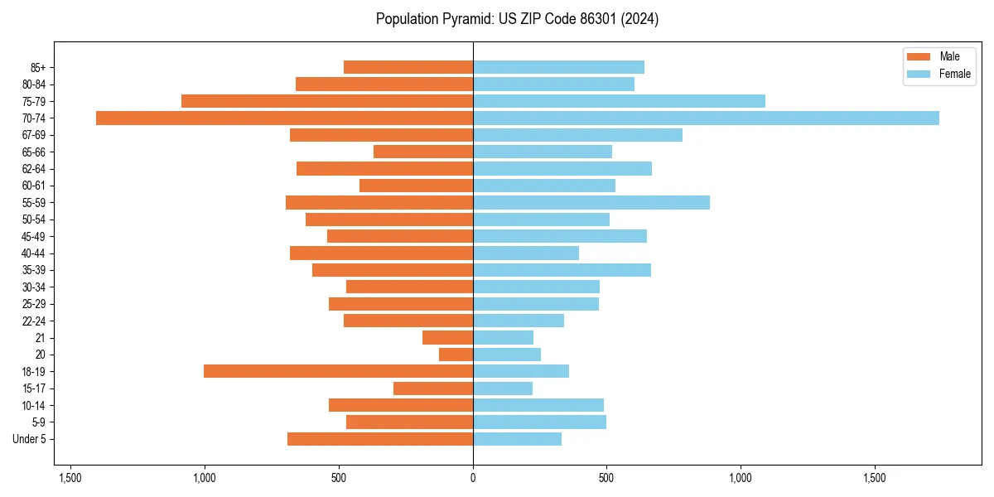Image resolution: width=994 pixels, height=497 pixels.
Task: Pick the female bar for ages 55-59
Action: tap(591, 202)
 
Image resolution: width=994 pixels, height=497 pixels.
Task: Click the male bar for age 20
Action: tap(456, 355)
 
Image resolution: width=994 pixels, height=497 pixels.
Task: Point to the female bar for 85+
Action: tap(558, 67)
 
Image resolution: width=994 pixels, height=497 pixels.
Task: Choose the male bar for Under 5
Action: tap(380, 439)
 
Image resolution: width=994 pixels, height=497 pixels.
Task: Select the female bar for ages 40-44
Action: tap(526, 253)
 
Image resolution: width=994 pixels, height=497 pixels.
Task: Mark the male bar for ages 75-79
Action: tap(327, 101)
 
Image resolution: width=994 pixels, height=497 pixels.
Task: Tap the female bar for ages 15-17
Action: tap(503, 388)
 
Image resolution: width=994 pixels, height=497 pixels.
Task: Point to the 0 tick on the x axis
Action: tap(473, 478)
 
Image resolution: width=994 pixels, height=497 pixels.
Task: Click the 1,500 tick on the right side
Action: tap(875, 478)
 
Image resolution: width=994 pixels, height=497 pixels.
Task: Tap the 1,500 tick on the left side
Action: tap(70, 478)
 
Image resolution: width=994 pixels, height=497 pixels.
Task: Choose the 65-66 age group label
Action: tap(34, 152)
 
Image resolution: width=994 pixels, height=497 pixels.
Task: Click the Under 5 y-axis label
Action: tap(30, 439)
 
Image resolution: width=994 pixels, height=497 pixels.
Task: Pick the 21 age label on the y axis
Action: tap(41, 338)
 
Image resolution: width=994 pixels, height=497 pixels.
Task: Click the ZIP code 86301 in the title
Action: tap(592, 19)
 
